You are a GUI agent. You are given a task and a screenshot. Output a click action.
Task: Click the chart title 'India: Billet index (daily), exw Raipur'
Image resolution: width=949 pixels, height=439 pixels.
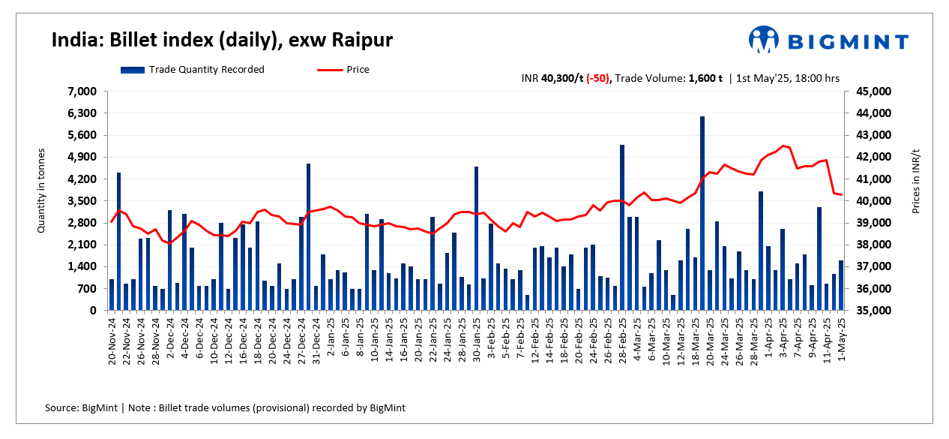[x=222, y=40]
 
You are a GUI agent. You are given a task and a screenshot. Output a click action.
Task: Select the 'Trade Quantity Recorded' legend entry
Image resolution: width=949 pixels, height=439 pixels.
[x=192, y=70]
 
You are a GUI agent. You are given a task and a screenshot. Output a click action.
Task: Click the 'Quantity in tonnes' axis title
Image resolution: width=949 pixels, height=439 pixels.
[x=42, y=191]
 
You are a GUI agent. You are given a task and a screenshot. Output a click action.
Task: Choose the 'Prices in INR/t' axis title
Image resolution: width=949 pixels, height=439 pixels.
[x=915, y=180]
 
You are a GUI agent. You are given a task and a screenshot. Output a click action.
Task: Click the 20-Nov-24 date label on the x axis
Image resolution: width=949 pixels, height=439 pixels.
[x=112, y=340]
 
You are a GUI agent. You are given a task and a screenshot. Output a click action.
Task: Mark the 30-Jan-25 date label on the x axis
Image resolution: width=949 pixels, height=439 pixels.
[x=476, y=340]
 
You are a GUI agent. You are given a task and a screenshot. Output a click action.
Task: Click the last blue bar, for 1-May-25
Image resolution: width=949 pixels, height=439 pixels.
[x=841, y=285]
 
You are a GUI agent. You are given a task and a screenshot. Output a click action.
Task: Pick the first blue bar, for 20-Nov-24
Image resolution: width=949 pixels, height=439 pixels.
[x=112, y=295]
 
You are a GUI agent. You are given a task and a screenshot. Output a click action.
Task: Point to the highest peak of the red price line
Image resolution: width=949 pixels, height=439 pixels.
[x=783, y=146]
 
